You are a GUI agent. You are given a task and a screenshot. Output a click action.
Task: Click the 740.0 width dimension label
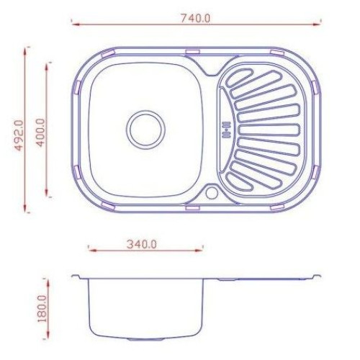(x=195, y=19)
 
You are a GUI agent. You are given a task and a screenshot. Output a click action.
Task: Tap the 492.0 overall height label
(x=19, y=135)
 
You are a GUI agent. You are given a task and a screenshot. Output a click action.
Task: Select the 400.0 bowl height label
(x=40, y=132)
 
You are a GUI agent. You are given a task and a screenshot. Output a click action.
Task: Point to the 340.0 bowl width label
(x=142, y=244)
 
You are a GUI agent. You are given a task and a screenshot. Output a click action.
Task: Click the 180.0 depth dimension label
(x=42, y=310)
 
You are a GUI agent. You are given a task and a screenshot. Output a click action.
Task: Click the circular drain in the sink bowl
(x=146, y=130)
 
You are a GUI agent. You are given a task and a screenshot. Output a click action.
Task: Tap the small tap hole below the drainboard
(x=212, y=193)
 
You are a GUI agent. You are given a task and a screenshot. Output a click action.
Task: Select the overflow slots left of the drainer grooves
(x=227, y=130)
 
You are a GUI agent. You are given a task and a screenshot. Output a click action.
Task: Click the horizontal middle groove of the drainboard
(x=269, y=130)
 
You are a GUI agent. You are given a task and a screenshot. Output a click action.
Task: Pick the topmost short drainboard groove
(x=239, y=78)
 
